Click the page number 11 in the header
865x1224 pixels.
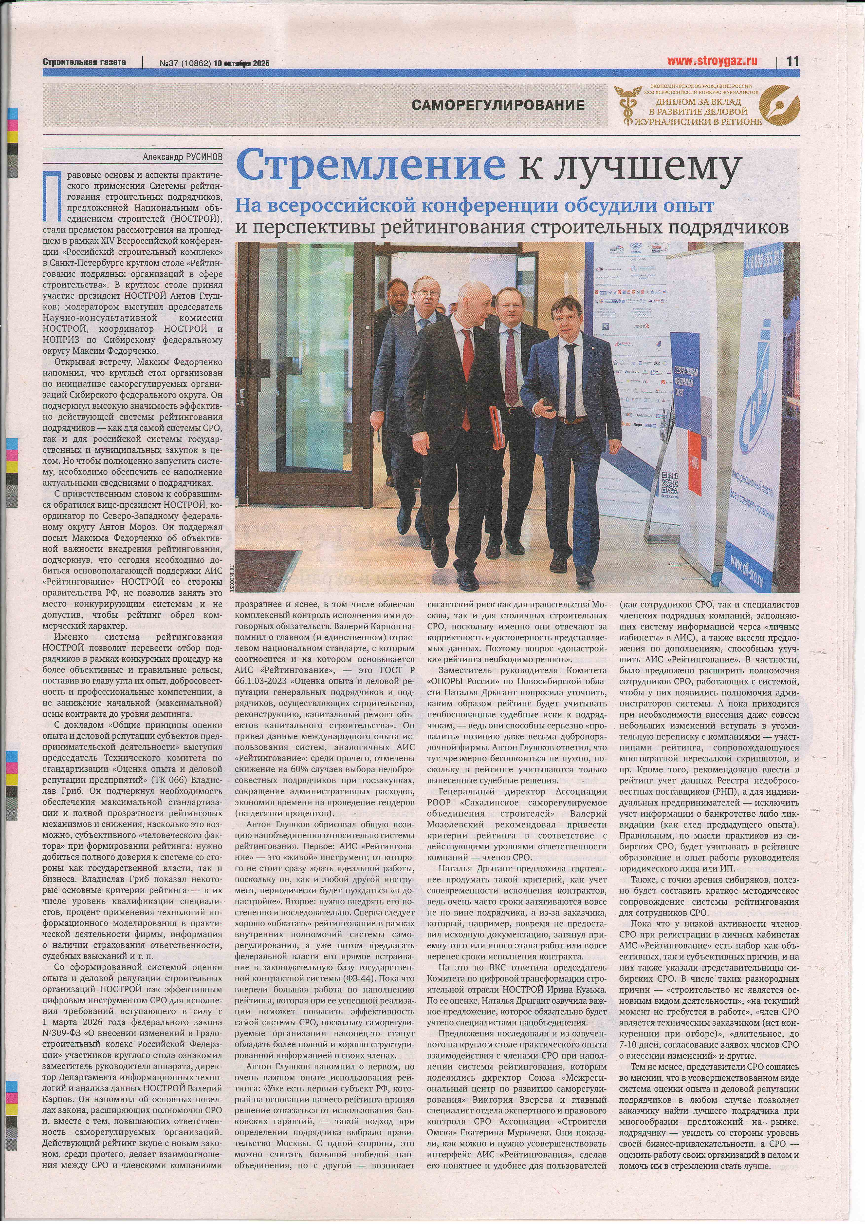792,61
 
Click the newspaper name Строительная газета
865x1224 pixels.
84,62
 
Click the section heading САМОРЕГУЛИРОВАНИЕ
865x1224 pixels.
498,105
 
